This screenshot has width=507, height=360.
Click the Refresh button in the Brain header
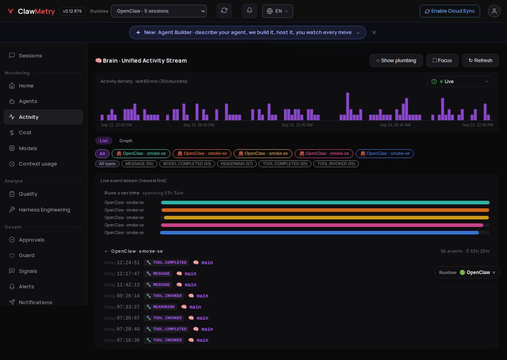point(480,61)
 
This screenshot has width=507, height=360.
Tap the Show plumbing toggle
point(396,61)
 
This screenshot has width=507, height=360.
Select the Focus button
point(442,61)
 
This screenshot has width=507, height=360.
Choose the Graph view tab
point(126,141)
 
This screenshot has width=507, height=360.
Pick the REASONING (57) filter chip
point(237,164)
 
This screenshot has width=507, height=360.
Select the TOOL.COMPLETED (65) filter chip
point(285,164)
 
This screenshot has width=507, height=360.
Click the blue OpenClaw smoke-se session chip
point(385,154)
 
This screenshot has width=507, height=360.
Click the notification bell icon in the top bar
point(250,11)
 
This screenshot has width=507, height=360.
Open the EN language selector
point(278,11)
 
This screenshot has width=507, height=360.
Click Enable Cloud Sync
point(450,11)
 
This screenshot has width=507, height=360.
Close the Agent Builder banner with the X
point(374,32)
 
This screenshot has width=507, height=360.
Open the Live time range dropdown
point(460,82)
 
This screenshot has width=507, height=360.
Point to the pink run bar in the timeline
point(322,225)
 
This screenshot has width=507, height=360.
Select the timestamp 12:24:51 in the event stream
point(128,263)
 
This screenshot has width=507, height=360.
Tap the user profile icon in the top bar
point(494,11)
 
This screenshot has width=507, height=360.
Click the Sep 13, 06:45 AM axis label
point(395,125)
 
